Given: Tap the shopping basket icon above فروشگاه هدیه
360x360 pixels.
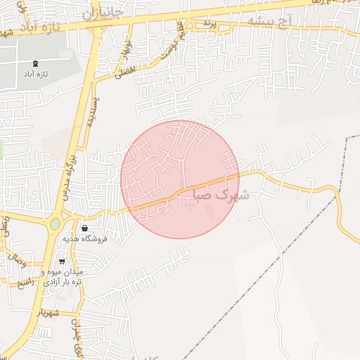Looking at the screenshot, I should pos(84,228).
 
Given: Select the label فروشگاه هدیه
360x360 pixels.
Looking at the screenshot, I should pos(84,239).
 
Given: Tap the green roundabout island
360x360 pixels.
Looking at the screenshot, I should pos(55,224).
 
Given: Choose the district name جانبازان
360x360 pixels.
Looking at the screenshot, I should pos(101,13).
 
